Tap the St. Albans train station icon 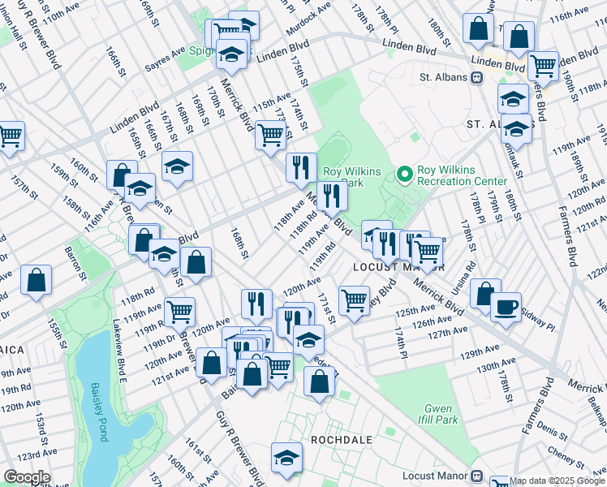point(478,78)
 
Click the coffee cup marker point(506,308)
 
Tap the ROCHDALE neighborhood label point(342,440)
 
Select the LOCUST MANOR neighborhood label point(386,266)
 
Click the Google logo point(27,476)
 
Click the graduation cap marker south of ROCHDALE point(286,456)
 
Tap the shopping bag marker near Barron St point(37,281)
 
